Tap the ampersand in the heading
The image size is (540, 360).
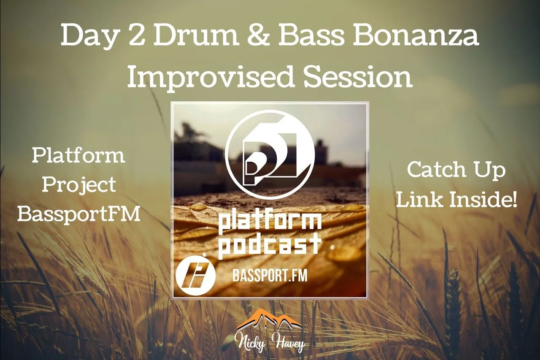click(261, 36)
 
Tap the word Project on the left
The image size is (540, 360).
click(79, 185)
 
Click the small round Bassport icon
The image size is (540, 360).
click(195, 276)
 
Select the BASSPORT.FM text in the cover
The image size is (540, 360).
click(270, 276)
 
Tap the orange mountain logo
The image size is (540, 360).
click(269, 319)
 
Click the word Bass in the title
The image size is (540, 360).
click(311, 35)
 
